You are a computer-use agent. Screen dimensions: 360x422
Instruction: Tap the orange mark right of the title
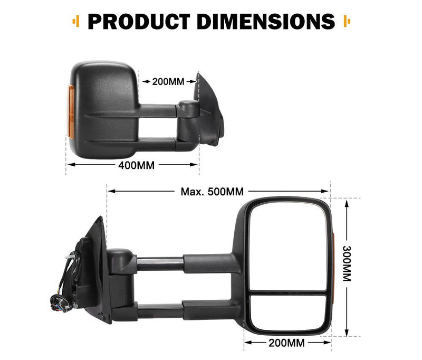pyautogui.click(x=347, y=22)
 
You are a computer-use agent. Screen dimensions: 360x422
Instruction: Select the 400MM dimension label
pyautogui.click(x=136, y=165)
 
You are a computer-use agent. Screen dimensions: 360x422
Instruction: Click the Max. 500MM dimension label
pyautogui.click(x=212, y=191)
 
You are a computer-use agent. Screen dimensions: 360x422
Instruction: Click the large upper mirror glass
pyautogui.click(x=287, y=245)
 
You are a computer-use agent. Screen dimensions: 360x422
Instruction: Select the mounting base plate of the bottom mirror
pyautogui.click(x=98, y=269)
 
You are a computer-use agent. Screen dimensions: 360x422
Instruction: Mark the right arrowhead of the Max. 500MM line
pyautogui.click(x=326, y=191)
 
